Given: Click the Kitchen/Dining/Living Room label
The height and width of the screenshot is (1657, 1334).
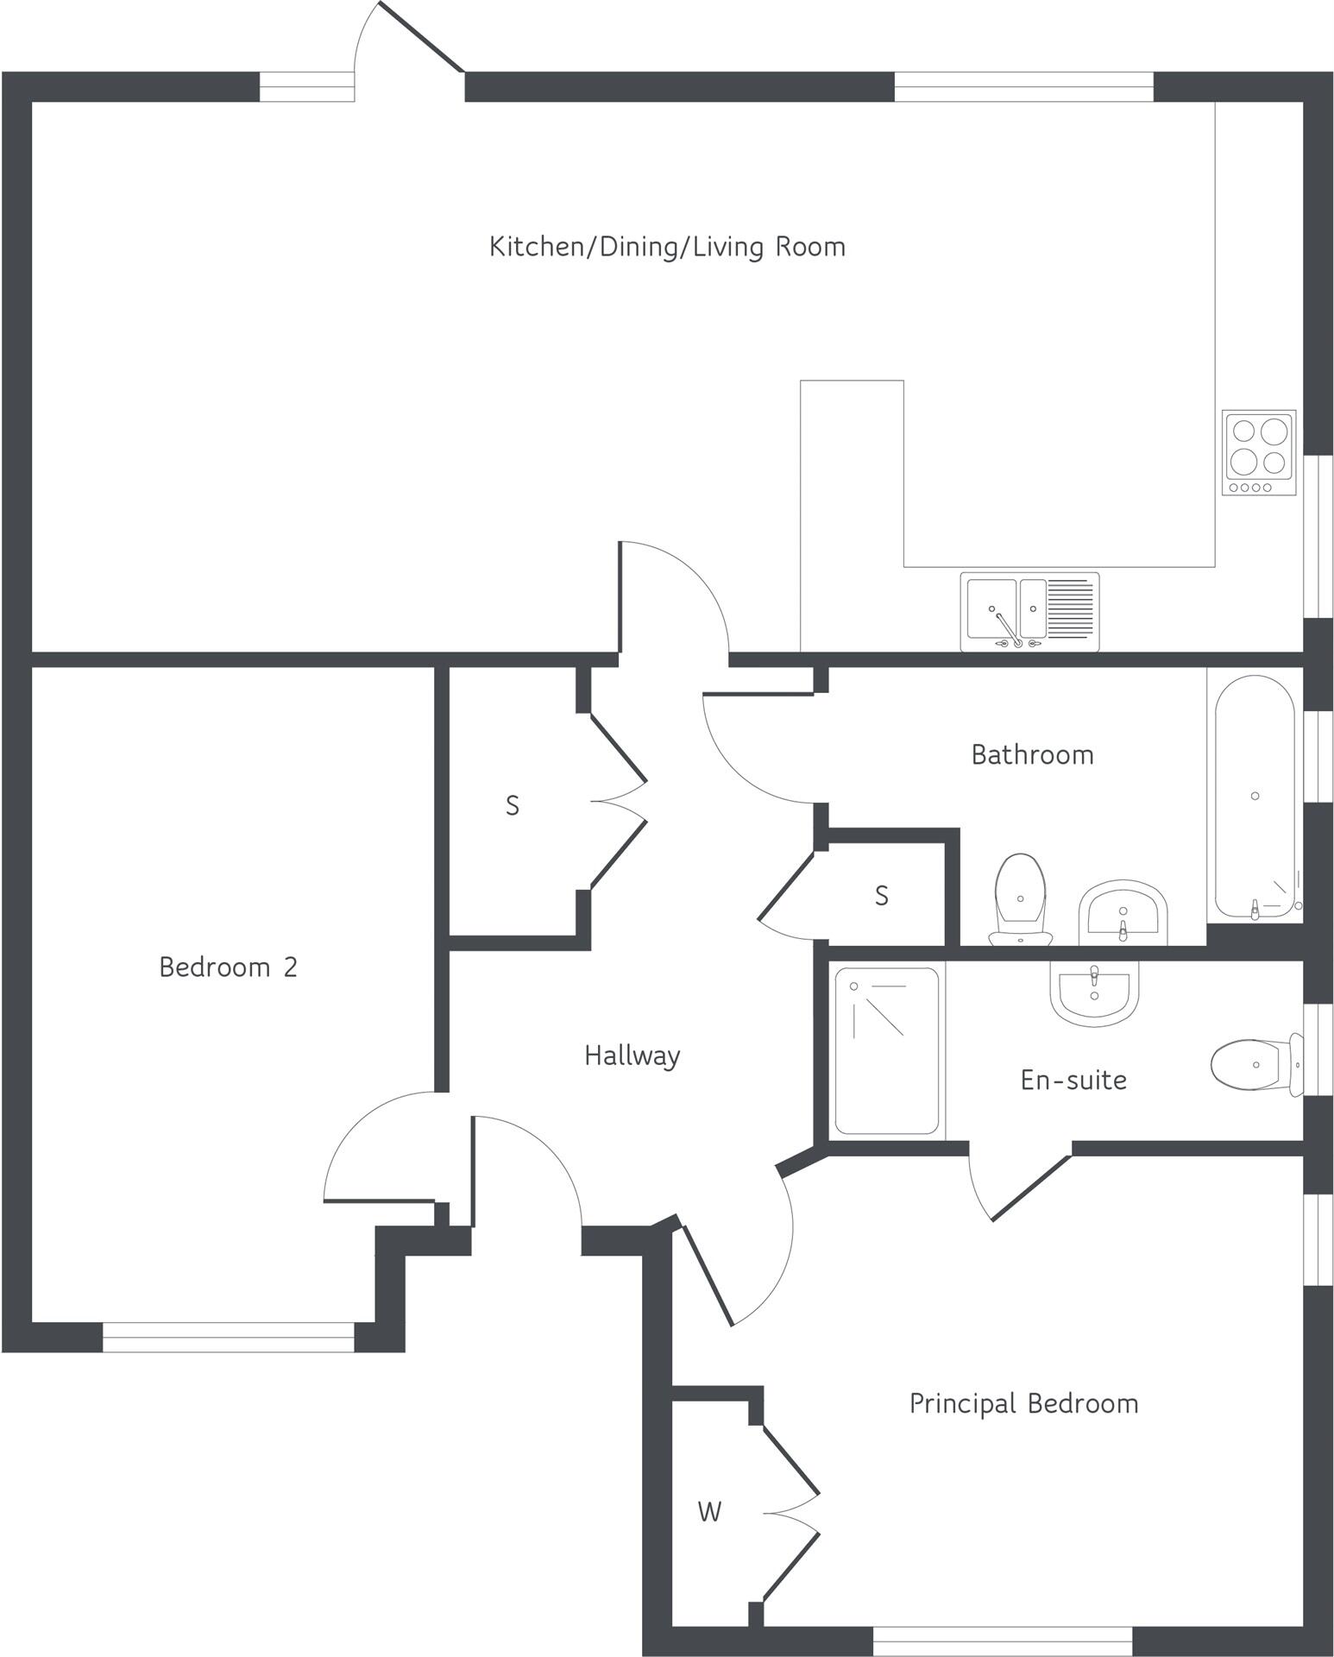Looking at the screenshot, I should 667,247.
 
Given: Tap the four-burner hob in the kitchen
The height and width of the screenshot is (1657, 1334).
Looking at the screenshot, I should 1259,452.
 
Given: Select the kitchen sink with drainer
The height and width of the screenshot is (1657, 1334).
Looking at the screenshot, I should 1029,611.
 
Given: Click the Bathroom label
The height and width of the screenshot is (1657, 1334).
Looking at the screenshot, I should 1032,755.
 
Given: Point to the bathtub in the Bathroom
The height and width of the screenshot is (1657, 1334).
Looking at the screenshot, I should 1255,797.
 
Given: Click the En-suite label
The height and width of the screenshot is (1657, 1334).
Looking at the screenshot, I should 1073,1081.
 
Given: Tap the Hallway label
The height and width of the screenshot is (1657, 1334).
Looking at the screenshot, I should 632,1055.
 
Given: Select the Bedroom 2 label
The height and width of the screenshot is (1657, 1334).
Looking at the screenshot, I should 228,967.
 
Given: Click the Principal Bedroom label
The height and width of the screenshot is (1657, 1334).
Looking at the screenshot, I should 1023,1403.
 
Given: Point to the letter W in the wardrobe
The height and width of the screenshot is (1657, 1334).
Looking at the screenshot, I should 709,1511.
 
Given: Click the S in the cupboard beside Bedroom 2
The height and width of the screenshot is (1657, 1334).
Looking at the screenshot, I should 512,806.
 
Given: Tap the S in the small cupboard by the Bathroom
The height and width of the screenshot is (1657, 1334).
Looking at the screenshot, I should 881,897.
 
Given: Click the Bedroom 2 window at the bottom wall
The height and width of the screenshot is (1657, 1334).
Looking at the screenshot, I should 228,1337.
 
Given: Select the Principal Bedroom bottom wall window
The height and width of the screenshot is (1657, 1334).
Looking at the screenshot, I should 1002,1641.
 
